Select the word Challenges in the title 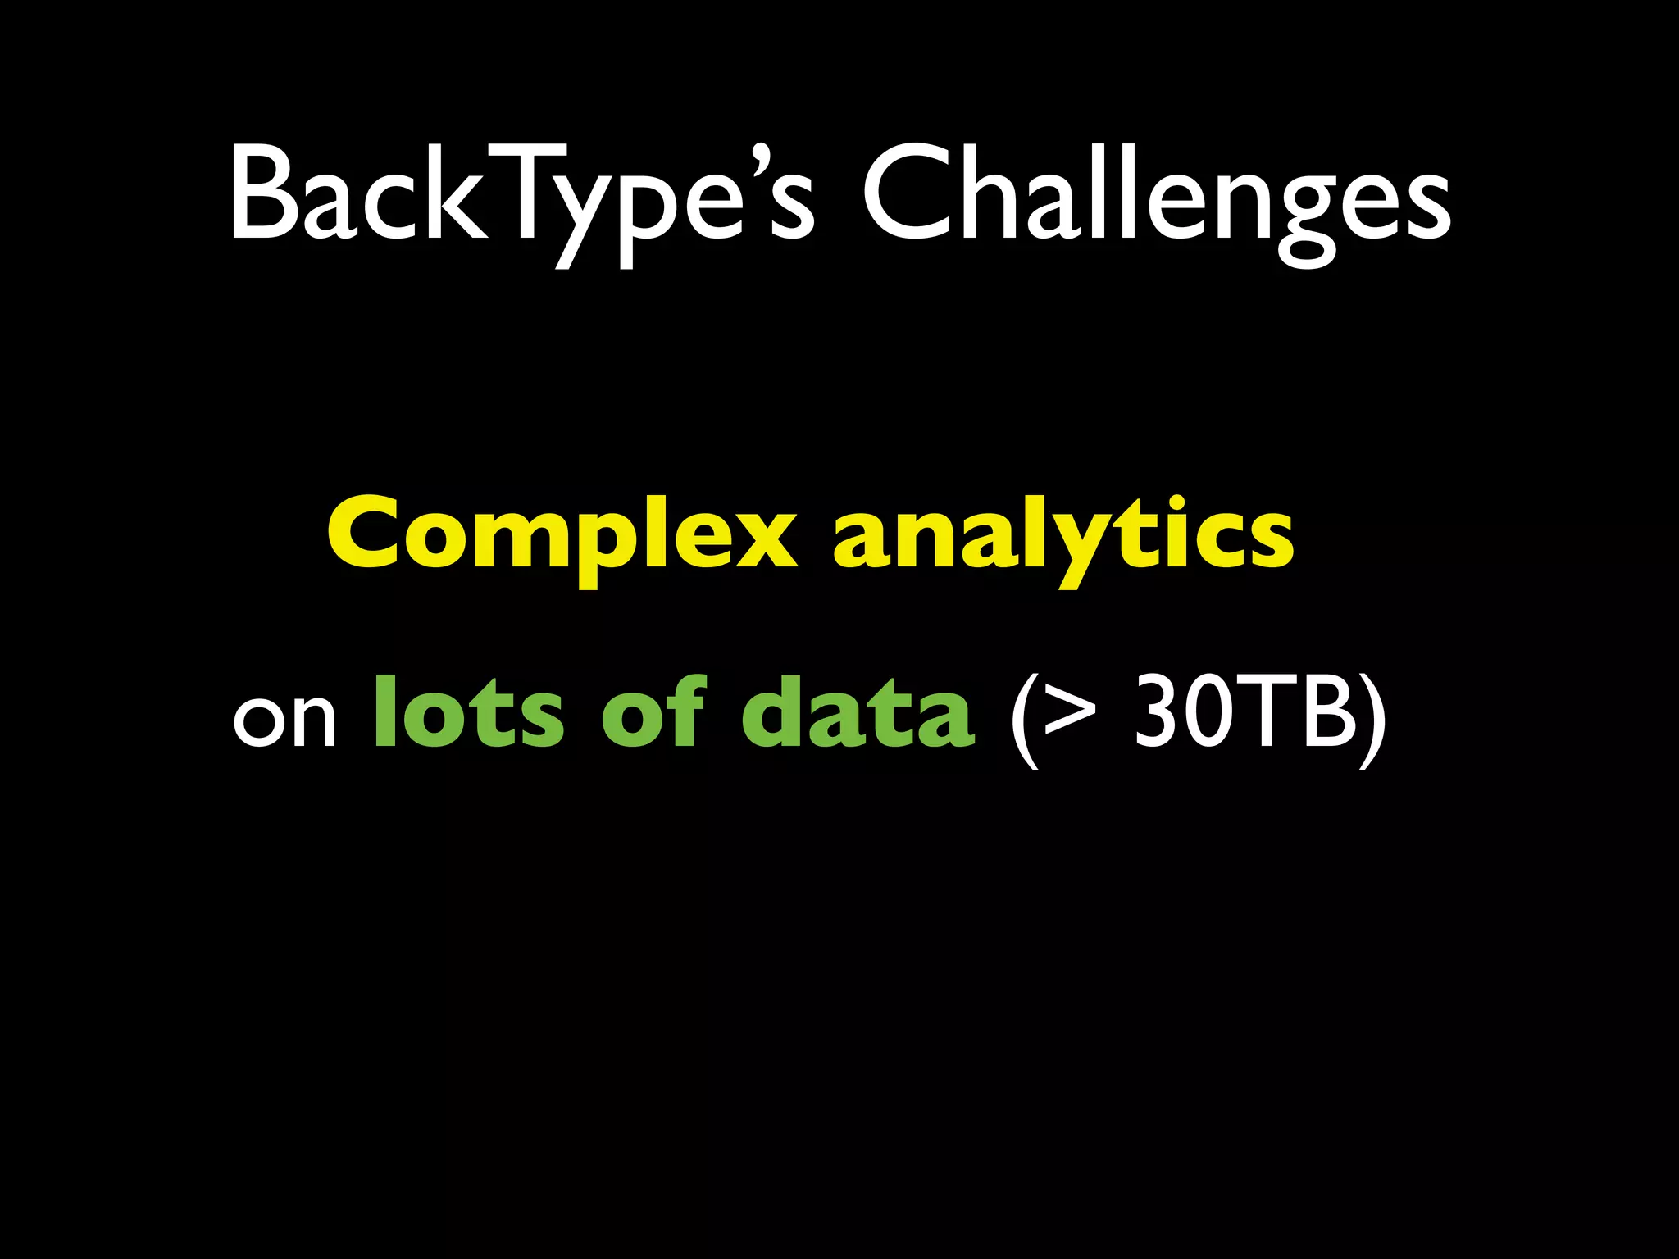point(1156,197)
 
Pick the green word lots point(468,713)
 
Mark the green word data point(858,713)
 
